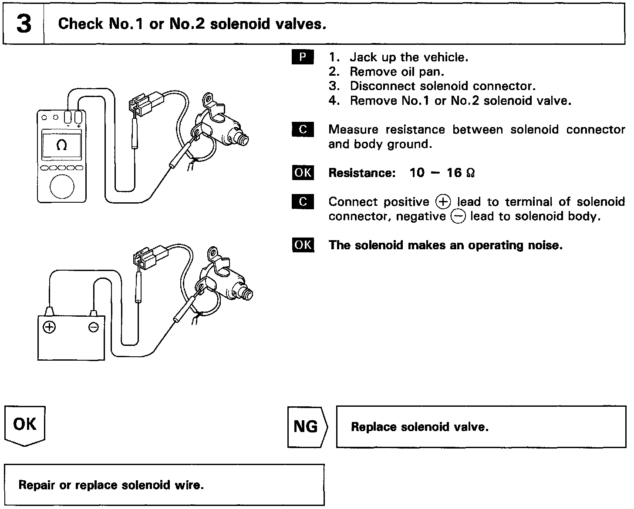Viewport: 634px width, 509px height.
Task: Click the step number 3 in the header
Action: (24, 24)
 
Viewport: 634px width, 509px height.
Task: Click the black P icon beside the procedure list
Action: (303, 57)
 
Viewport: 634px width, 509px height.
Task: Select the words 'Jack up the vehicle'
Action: (409, 57)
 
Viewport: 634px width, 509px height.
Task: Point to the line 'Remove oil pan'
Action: (397, 72)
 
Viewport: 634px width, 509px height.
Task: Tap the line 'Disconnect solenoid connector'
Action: (442, 86)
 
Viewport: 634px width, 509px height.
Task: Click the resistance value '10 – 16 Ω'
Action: (442, 173)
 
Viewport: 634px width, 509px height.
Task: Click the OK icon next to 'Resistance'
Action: (303, 173)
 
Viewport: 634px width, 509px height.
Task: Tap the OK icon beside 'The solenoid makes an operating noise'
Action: (303, 245)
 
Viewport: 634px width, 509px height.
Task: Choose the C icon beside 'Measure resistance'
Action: (303, 130)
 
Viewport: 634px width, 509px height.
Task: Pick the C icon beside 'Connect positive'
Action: (303, 202)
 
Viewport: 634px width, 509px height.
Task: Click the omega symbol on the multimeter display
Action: (62, 146)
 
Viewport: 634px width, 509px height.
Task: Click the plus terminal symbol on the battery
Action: (49, 327)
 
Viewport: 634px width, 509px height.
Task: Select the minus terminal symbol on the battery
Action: (94, 327)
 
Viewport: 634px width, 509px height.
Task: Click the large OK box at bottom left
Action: (25, 424)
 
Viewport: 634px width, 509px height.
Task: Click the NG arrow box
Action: (307, 427)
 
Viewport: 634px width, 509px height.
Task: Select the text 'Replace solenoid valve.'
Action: (420, 427)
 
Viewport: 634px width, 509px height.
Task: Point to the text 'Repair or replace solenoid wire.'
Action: (111, 485)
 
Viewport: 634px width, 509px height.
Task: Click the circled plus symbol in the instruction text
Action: (443, 202)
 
